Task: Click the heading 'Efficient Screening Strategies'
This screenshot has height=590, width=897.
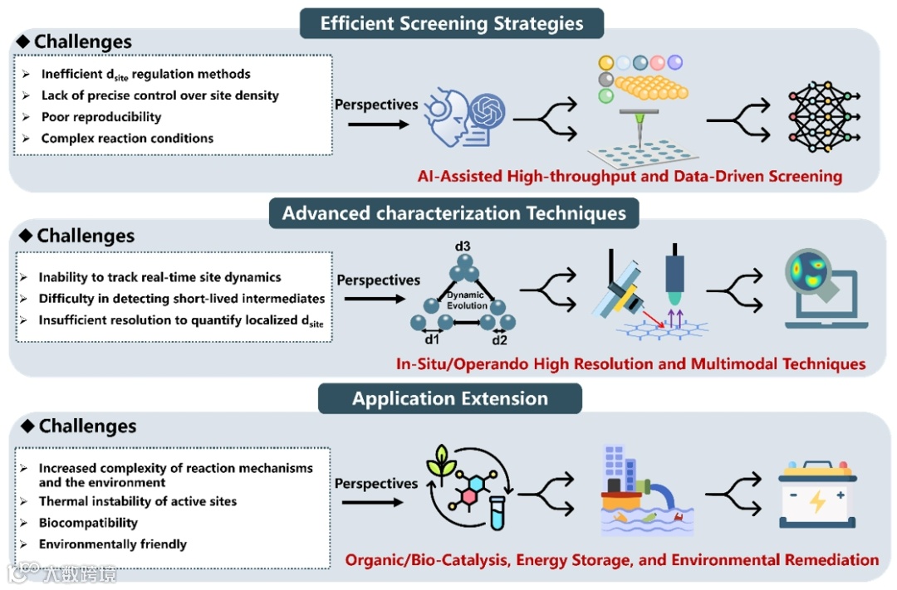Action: click(451, 22)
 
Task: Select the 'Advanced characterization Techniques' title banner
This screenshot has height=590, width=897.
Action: click(453, 213)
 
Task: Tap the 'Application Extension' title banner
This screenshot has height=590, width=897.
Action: click(449, 398)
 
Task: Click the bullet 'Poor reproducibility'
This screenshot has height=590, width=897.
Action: click(101, 117)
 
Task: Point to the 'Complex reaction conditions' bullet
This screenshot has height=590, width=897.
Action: click(127, 139)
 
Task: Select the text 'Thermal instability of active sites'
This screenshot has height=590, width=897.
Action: click(137, 501)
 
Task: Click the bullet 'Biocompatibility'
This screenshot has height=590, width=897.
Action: click(88, 523)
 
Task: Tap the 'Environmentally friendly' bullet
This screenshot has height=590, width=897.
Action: click(112, 544)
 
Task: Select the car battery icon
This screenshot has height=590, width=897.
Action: click(816, 498)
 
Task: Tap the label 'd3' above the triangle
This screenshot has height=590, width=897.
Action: click(462, 247)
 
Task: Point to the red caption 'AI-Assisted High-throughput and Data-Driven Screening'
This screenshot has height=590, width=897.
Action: click(630, 176)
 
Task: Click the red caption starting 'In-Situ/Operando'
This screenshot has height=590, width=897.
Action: click(630, 363)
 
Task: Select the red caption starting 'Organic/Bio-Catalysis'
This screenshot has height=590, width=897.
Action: click(611, 559)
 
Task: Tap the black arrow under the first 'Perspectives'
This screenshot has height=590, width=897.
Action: click(379, 124)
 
